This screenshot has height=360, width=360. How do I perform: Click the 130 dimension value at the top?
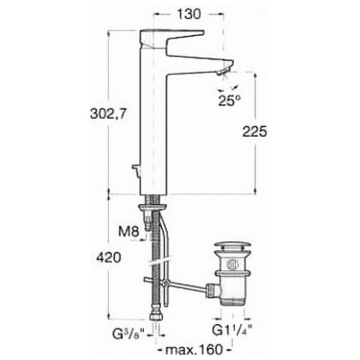[188, 14]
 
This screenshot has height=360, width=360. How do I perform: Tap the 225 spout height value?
[255, 131]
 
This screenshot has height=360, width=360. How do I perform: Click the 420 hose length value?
[109, 257]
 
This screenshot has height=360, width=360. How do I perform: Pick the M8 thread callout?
[129, 231]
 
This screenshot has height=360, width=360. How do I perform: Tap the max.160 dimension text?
[194, 349]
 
